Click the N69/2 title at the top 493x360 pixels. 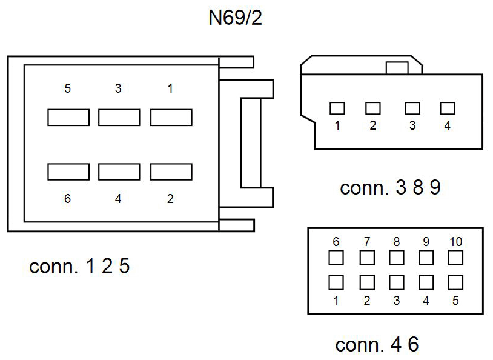[x=235, y=18]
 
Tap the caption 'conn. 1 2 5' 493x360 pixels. [x=79, y=266]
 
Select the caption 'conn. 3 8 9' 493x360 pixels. [x=390, y=187]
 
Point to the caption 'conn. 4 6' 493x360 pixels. [x=377, y=344]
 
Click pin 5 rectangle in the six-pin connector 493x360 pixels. [x=68, y=118]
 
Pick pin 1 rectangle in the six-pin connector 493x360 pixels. [x=171, y=118]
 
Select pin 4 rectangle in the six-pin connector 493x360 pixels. [x=119, y=172]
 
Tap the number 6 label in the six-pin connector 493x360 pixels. [x=68, y=199]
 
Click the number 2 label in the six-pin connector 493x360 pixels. [x=170, y=199]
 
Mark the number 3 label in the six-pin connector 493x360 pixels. [x=118, y=88]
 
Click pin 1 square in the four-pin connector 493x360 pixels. [x=337, y=108]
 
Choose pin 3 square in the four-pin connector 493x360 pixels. [x=412, y=108]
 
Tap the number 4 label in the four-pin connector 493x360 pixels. [x=448, y=125]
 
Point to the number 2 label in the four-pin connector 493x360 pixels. [x=373, y=125]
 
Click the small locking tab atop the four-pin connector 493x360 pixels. [x=397, y=68]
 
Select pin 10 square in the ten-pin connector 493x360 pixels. [x=455, y=258]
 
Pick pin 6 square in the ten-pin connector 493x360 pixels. [x=336, y=258]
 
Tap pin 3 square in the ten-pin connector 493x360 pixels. [x=397, y=282]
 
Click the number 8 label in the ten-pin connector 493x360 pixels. [x=397, y=242]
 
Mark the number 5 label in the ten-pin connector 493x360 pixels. [x=455, y=301]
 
